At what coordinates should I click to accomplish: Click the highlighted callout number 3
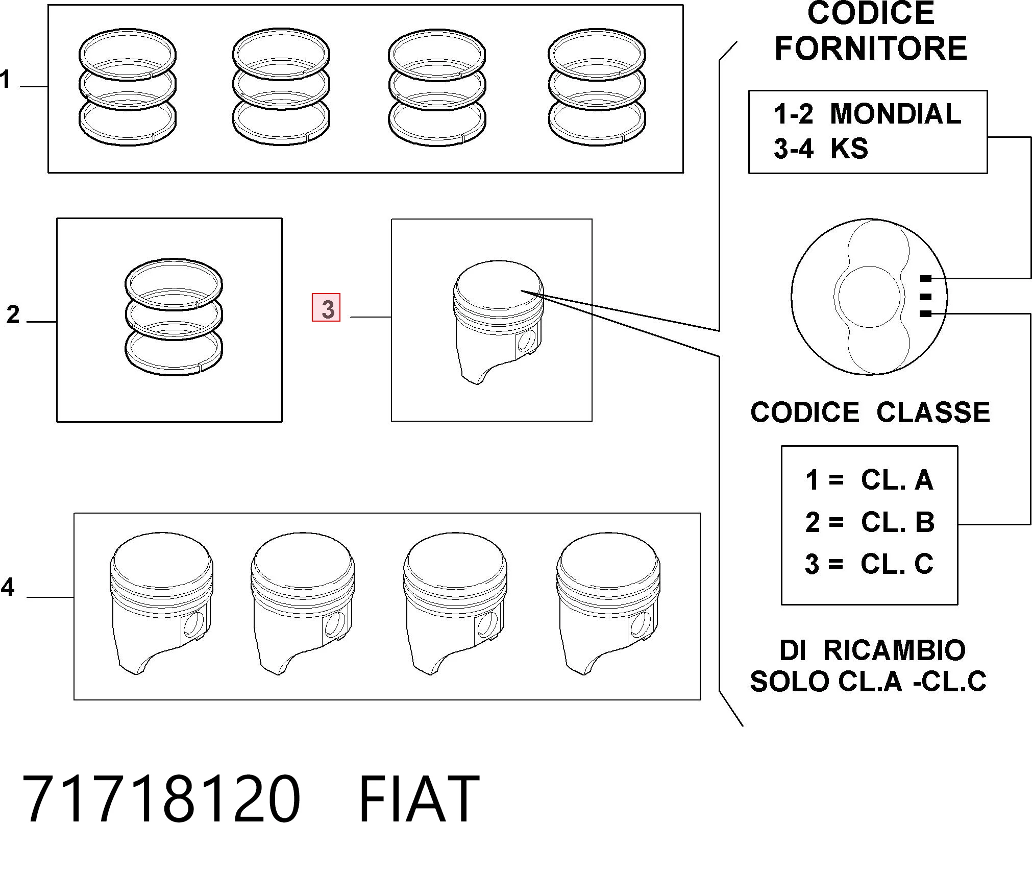(x=326, y=308)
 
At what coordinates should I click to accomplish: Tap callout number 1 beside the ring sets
(x=5, y=80)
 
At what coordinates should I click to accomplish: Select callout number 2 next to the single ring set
(x=13, y=314)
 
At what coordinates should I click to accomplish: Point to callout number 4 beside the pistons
(x=8, y=587)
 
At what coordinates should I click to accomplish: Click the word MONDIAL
(x=895, y=113)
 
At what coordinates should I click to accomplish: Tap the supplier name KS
(x=849, y=149)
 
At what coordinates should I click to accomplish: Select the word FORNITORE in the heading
(x=871, y=49)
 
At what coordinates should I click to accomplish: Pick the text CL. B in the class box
(x=898, y=522)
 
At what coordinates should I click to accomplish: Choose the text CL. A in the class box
(x=897, y=480)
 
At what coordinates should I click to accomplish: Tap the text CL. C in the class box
(x=897, y=564)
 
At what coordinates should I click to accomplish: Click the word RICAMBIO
(x=895, y=650)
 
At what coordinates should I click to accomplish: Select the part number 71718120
(x=161, y=799)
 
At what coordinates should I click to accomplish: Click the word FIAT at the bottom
(x=419, y=799)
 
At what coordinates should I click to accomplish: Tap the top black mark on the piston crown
(x=925, y=279)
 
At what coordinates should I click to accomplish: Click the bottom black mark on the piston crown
(x=925, y=314)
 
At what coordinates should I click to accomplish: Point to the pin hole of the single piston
(x=526, y=341)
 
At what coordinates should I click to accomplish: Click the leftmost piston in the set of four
(x=161, y=603)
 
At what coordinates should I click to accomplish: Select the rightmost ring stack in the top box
(x=597, y=87)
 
